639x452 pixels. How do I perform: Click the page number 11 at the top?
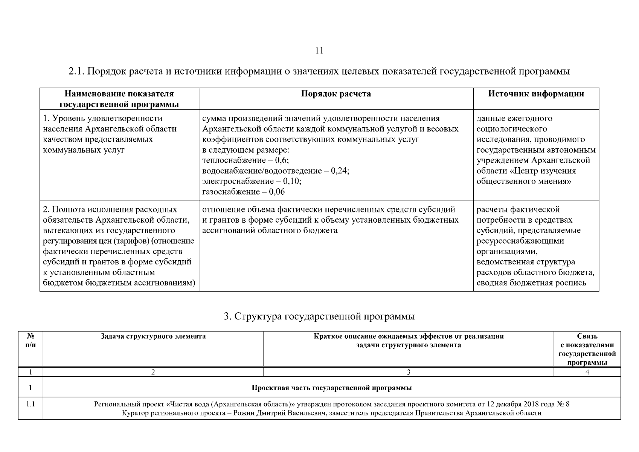(319, 51)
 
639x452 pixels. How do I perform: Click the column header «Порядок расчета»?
(336, 94)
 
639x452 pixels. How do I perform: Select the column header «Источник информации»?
(536, 94)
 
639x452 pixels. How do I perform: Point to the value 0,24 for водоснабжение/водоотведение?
(340, 171)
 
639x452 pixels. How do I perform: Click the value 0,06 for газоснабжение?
(277, 192)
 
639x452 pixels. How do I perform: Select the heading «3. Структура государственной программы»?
(319, 316)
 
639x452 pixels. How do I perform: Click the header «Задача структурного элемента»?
(153, 336)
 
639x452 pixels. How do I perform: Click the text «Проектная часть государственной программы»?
(331, 388)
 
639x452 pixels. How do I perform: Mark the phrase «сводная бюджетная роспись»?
(531, 283)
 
